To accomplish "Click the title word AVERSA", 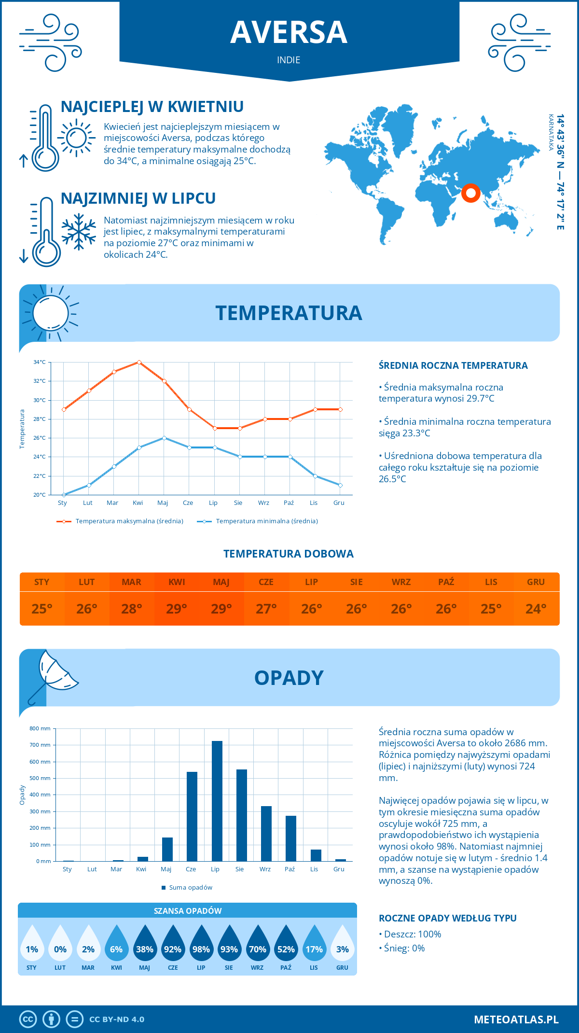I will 289,32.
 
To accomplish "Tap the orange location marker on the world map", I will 470,193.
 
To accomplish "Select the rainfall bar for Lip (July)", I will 217,801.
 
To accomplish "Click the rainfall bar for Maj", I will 167,849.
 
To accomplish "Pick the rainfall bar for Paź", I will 291,838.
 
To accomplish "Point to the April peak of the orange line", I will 139,362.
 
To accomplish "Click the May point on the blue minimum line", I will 164,438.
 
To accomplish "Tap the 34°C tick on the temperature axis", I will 40,362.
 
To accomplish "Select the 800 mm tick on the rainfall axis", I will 40,728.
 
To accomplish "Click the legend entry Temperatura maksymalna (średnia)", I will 129,521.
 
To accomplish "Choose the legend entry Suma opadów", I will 191,887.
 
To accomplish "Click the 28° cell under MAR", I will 132,609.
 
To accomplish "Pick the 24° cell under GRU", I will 536,609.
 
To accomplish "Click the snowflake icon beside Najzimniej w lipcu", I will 79,232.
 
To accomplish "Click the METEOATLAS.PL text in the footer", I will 516,1019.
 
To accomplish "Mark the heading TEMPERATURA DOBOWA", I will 289,554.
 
